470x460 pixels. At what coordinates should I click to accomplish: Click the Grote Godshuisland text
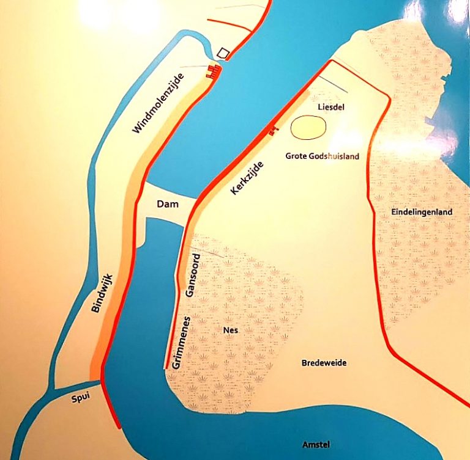click(322, 156)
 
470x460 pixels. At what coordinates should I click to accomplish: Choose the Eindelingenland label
click(421, 213)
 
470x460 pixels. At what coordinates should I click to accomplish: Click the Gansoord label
click(193, 274)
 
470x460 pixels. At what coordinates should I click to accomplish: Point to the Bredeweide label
click(324, 363)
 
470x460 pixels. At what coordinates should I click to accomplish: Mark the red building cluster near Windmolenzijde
click(214, 72)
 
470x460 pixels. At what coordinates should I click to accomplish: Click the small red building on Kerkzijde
click(272, 130)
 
